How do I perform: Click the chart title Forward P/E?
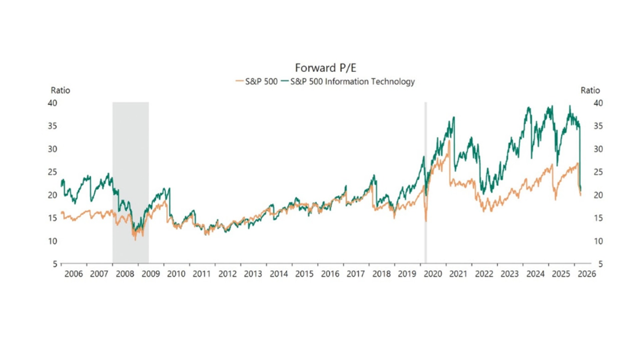coord(325,68)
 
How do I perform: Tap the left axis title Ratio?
coord(60,90)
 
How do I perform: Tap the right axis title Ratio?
coord(590,90)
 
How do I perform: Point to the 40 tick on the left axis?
coord(52,103)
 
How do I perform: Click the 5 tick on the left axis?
coord(55,264)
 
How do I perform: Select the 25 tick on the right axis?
coord(598,172)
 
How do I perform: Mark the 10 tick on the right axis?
coord(598,241)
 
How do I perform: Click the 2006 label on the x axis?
coord(73,274)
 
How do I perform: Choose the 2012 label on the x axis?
coord(227,274)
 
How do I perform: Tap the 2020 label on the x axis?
coord(433,274)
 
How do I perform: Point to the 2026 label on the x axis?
coord(587,274)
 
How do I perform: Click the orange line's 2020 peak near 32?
coord(449,141)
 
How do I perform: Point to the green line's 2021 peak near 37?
coord(454,117)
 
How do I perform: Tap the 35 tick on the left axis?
coord(52,126)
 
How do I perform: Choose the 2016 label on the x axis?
coord(330,274)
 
